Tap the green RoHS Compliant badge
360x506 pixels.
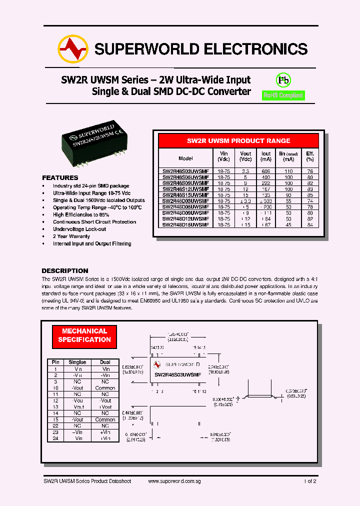tap(283, 95)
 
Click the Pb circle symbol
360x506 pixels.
tap(283, 80)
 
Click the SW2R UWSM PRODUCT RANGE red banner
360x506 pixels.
tap(238, 141)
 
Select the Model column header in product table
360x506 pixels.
tap(185, 158)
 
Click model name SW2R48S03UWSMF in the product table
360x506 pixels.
tap(185, 171)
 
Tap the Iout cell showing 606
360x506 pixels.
tap(266, 171)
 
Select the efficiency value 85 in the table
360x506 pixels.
tap(310, 195)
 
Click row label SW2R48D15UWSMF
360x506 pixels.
tap(185, 225)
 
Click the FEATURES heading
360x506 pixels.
tap(60, 178)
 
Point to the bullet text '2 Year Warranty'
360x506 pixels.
tap(71, 236)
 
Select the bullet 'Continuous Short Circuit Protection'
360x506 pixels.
tap(94, 222)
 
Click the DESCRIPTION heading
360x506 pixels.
tap(64, 270)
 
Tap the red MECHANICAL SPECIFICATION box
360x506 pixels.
tap(84, 335)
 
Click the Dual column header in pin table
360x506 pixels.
tap(105, 362)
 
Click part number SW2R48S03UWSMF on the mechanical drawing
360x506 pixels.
tap(177, 374)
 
